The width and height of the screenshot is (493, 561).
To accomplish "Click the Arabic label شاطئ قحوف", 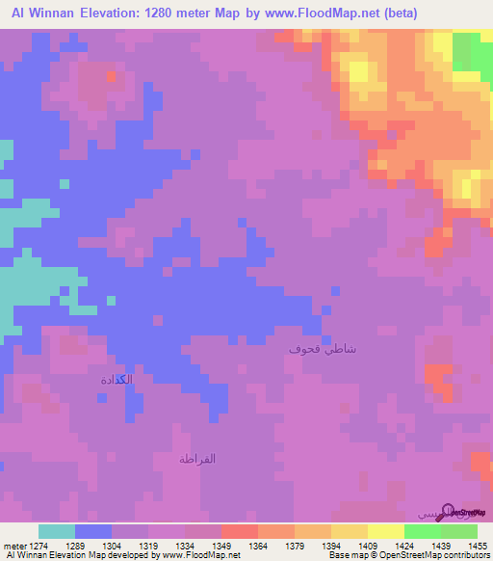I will click(323, 349).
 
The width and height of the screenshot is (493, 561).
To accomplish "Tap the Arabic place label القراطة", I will click(197, 458).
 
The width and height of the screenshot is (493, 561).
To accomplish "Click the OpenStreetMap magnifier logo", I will click(449, 511).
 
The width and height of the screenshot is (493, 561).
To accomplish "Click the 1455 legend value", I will click(478, 546).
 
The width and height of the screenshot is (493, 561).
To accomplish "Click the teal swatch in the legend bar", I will click(57, 531).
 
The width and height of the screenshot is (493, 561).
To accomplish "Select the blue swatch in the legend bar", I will click(93, 531).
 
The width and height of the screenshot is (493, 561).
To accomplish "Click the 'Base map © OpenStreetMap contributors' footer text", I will click(406, 555).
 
